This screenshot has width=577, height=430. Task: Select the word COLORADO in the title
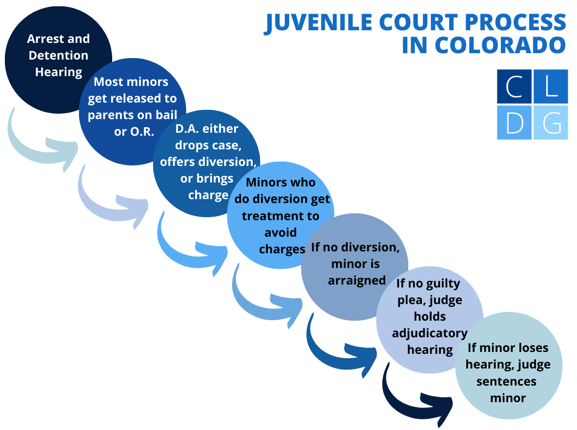click(500, 45)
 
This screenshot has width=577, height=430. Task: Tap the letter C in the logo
click(514, 86)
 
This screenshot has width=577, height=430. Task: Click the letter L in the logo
click(551, 86)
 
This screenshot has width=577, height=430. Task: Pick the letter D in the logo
click(515, 123)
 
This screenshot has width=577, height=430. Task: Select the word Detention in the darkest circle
click(59, 55)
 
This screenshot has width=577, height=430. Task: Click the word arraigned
click(357, 281)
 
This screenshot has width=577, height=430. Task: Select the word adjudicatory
click(430, 333)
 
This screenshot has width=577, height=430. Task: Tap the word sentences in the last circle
click(506, 381)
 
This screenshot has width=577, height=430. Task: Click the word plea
click(410, 300)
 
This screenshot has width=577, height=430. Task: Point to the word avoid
click(280, 232)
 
